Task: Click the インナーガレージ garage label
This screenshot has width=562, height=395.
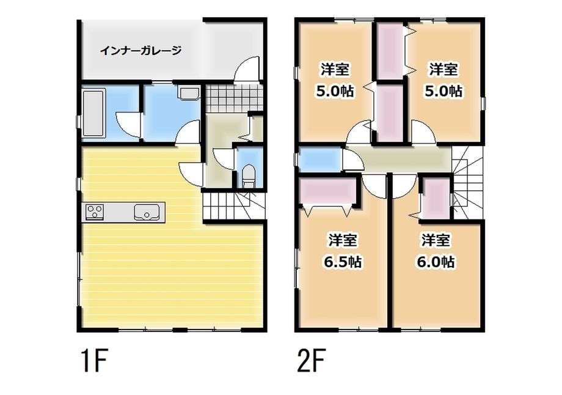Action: (x=140, y=51)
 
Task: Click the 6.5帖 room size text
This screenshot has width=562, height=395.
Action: (x=343, y=262)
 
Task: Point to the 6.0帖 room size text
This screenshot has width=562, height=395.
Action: (x=436, y=262)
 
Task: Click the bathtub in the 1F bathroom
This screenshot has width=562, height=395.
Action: (x=93, y=113)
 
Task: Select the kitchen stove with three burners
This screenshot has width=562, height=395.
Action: (x=95, y=212)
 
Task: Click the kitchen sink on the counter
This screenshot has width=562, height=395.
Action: (x=147, y=212)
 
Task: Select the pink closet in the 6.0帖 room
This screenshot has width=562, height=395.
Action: (x=436, y=197)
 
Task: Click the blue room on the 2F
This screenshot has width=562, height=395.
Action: (x=319, y=160)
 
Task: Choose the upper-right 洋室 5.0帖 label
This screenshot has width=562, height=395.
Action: (x=443, y=79)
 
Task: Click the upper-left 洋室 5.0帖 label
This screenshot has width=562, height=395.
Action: (x=335, y=79)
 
